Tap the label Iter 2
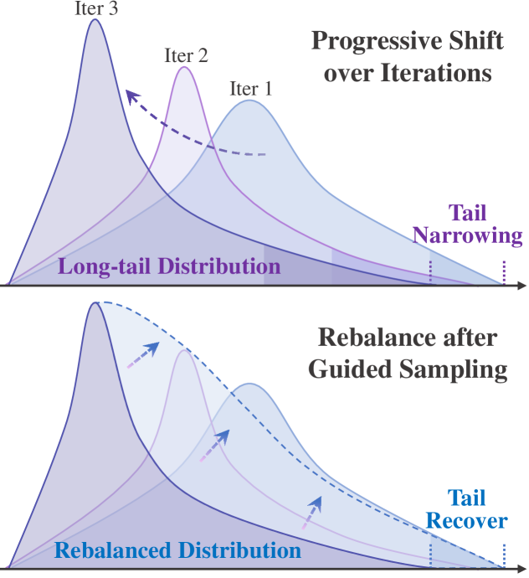(186, 56)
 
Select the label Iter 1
(249, 88)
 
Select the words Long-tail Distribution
(168, 267)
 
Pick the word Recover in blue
(467, 521)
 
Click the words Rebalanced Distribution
(177, 551)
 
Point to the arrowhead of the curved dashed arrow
(128, 92)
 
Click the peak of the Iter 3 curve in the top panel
(95, 20)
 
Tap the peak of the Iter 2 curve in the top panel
(185, 67)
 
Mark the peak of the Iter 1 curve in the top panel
(249, 101)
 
